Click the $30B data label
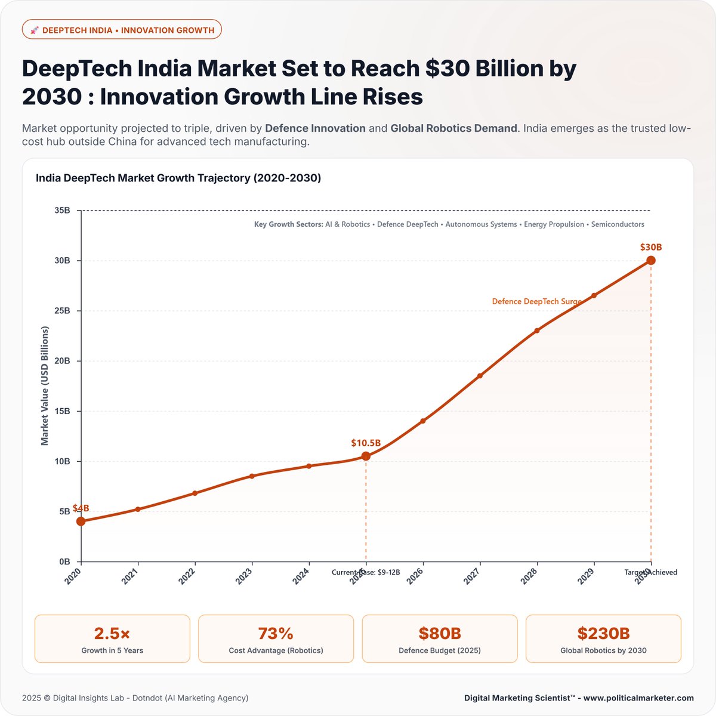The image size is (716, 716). click(651, 247)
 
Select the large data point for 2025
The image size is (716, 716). click(366, 456)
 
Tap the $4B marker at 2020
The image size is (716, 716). click(81, 521)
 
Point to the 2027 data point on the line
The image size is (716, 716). click(480, 376)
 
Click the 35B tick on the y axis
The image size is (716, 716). click(62, 211)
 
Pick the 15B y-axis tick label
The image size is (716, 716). click(62, 411)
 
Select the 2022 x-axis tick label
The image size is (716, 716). click(187, 576)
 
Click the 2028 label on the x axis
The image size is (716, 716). click(529, 576)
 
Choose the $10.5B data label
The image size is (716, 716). click(366, 443)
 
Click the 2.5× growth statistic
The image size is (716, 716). click(112, 633)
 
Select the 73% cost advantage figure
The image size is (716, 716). click(276, 633)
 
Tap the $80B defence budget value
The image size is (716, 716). click(440, 633)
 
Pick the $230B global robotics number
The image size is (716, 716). click(603, 633)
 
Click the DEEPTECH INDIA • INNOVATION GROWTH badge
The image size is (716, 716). click(122, 30)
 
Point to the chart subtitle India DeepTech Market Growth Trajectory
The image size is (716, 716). click(178, 178)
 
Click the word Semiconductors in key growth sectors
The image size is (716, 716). click(618, 224)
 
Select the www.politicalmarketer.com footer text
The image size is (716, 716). click(638, 698)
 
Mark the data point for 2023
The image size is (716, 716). click(252, 476)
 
